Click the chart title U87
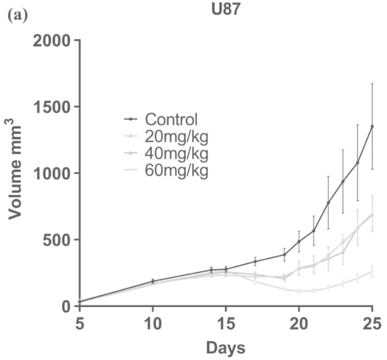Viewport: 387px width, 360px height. tap(226, 10)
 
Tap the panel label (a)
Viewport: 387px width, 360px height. tap(18, 17)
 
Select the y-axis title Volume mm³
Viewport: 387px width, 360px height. tap(15, 172)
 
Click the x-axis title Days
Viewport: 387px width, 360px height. tap(226, 348)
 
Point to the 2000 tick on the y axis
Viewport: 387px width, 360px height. tap(52, 41)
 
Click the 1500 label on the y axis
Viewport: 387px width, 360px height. tap(52, 107)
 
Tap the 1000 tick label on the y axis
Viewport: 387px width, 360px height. tap(52, 174)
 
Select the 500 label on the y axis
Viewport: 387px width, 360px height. tap(57, 241)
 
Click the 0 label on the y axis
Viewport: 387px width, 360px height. tap(66, 307)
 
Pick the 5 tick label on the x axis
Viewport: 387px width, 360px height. tap(80, 324)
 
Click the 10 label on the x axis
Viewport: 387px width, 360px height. tap(153, 324)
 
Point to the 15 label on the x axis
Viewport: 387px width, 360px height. tap(226, 324)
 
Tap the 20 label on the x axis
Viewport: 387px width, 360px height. tap(299, 324)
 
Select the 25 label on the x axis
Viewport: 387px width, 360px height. tap(372, 324)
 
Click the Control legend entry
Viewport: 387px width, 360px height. tap(161, 119)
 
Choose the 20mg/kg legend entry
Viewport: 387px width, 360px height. tap(166, 136)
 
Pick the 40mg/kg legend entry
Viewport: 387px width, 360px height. tap(166, 153)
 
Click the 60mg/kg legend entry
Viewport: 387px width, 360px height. tap(166, 170)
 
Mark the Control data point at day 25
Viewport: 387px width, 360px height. tap(372, 126)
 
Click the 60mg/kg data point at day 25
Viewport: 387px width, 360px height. tap(372, 272)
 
